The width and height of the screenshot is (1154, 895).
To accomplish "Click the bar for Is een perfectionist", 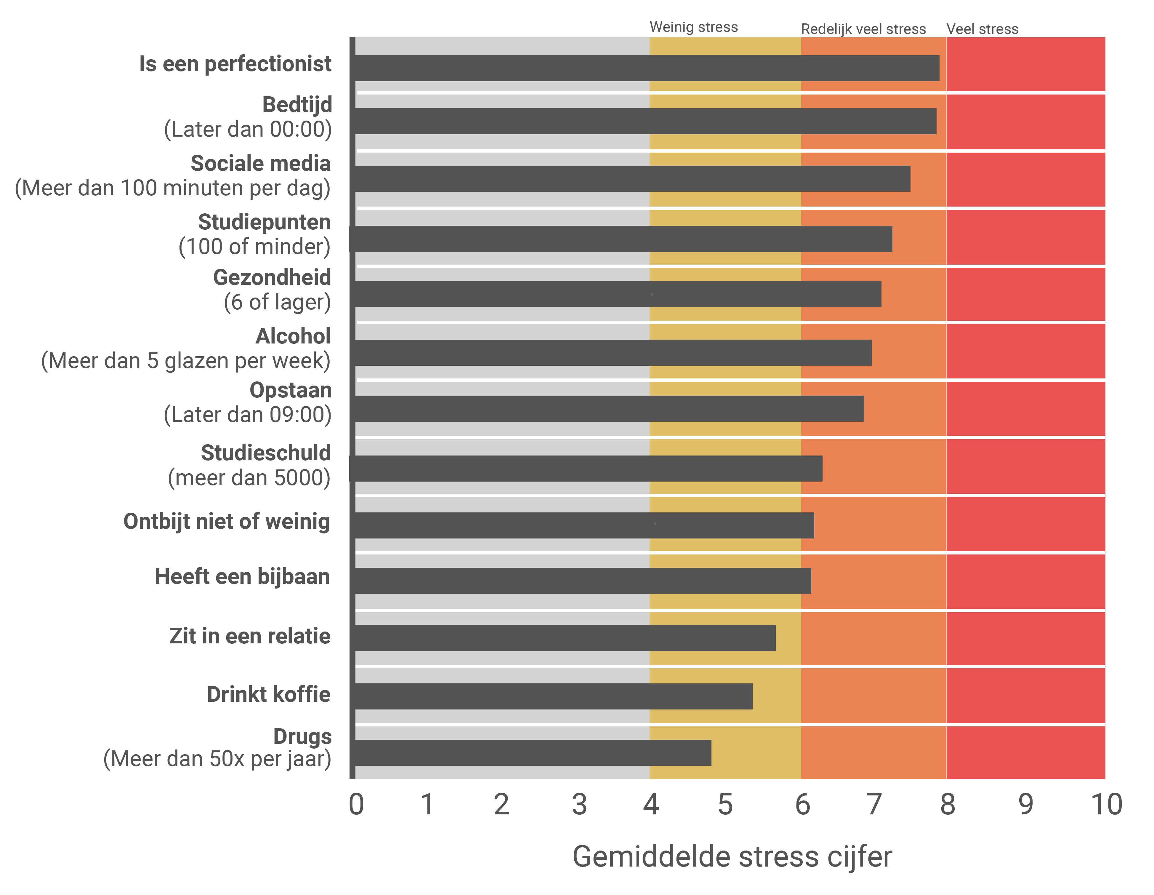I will [647, 68].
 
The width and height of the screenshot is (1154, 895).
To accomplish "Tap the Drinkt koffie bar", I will [553, 696].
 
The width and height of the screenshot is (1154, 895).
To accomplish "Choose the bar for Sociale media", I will [632, 179].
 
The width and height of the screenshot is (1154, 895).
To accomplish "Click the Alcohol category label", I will [293, 336].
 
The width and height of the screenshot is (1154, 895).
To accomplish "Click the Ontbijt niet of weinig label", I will [227, 521].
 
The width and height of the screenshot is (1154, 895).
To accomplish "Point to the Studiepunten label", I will [264, 222].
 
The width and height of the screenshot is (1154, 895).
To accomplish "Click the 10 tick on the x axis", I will [1106, 805].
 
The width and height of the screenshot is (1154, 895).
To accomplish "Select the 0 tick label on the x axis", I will [356, 805].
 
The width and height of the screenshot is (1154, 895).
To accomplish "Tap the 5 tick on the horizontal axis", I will [725, 805].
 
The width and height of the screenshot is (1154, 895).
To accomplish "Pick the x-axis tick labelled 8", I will [948, 805].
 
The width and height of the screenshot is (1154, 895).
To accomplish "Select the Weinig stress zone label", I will [693, 27].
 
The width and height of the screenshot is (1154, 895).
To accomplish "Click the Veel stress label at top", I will [982, 29].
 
